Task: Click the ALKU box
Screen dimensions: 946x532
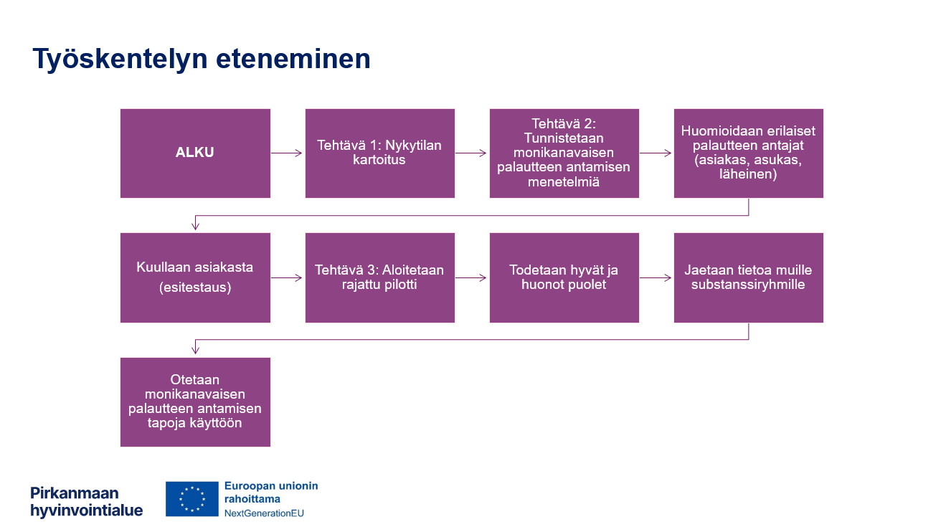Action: click(195, 153)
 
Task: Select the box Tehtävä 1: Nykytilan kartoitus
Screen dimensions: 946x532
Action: click(379, 153)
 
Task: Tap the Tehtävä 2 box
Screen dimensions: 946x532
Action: click(564, 153)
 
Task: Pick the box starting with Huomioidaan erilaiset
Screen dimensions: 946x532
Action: click(748, 153)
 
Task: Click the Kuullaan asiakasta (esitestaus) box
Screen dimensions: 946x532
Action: click(195, 277)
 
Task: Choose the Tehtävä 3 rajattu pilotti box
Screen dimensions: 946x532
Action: click(379, 277)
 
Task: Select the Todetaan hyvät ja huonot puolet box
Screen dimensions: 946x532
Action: click(564, 277)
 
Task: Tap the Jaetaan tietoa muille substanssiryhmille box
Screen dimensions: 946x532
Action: click(748, 277)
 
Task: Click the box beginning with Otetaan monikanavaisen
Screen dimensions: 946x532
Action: click(195, 402)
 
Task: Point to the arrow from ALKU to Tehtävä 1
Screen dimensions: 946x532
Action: click(287, 153)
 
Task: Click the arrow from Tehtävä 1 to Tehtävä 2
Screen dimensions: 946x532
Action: click(471, 153)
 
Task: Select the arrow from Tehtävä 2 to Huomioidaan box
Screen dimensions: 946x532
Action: click(656, 153)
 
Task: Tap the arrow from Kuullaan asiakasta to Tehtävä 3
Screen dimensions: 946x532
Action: click(287, 277)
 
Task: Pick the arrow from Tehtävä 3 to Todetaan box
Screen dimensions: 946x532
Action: click(471, 277)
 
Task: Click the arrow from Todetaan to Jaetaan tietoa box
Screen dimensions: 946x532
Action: click(656, 277)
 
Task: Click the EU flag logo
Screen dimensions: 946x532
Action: click(192, 499)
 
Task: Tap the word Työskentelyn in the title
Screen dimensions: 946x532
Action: click(120, 59)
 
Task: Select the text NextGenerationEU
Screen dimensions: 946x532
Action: click(264, 513)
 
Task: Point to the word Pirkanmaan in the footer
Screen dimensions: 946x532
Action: click(75, 493)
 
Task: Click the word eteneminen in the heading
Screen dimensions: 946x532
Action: click(293, 59)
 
